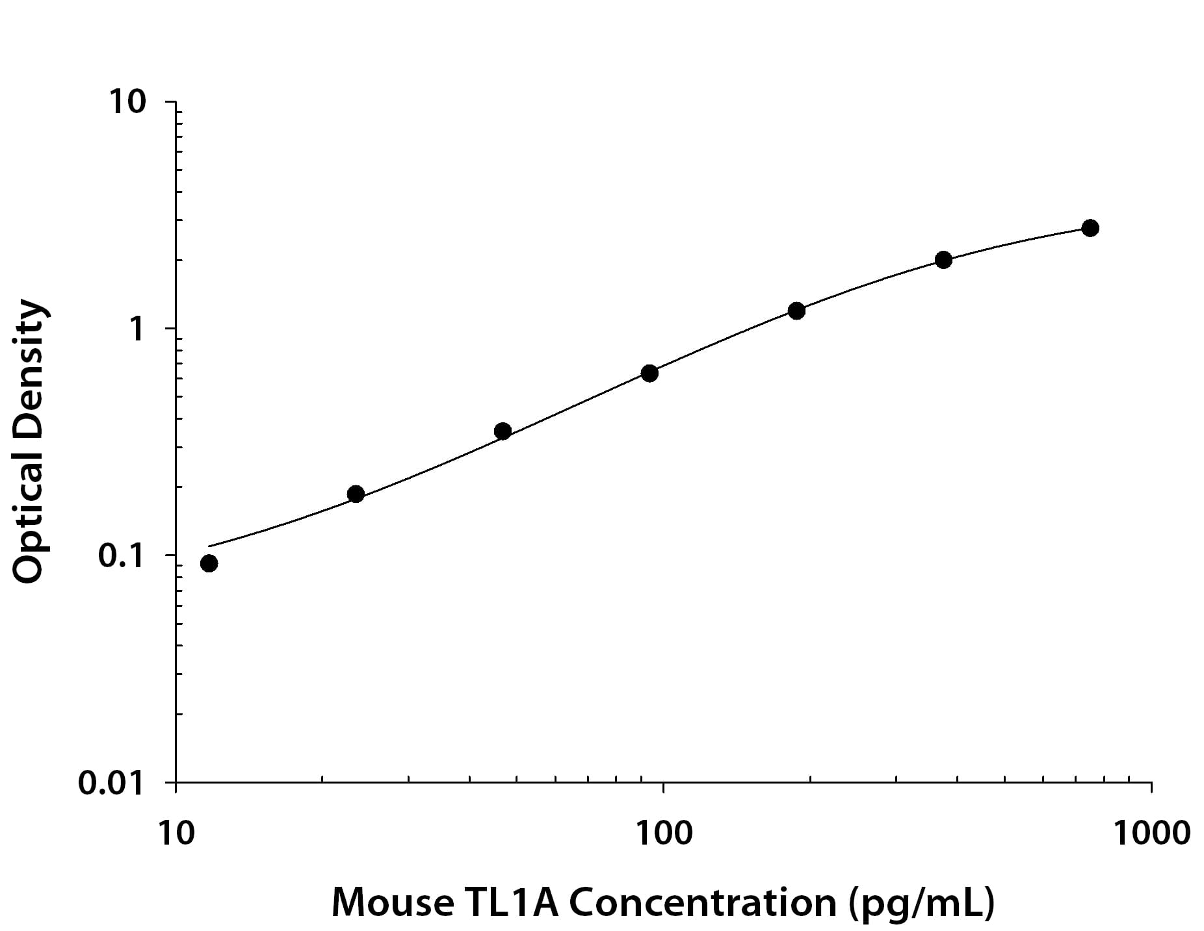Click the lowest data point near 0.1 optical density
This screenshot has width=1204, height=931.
[x=209, y=563]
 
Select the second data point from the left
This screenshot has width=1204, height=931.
[x=356, y=494]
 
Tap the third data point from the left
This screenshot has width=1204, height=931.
[x=503, y=431]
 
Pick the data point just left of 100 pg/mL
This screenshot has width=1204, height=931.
[x=649, y=373]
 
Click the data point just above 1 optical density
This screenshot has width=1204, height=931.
[x=796, y=311]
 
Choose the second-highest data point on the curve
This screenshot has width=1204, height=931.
[x=943, y=260]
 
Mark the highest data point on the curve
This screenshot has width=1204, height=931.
[x=1090, y=228]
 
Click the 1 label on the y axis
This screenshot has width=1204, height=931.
[x=137, y=329]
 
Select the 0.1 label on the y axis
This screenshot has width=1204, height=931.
[x=120, y=556]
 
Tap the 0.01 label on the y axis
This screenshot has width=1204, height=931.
[x=111, y=783]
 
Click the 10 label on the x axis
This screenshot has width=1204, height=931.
[x=176, y=833]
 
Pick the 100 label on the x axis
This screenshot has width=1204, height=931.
[x=663, y=833]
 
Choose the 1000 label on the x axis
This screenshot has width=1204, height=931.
[x=1151, y=833]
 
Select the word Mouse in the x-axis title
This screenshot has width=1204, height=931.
[x=393, y=902]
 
